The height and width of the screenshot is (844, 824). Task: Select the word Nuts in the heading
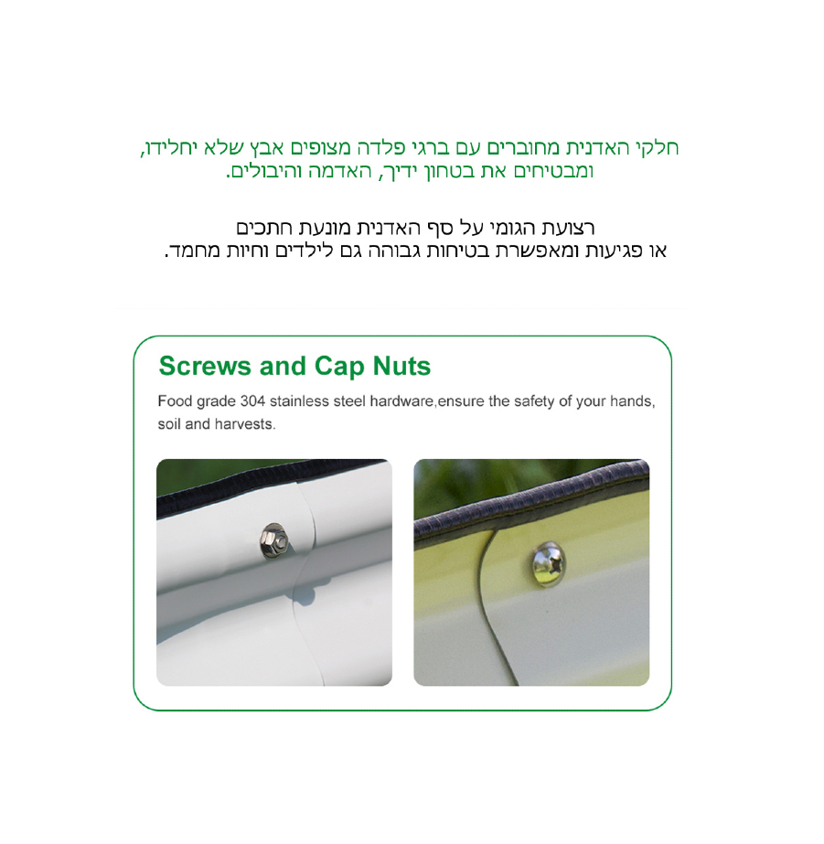401,367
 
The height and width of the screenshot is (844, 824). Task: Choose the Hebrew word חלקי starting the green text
660,148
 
